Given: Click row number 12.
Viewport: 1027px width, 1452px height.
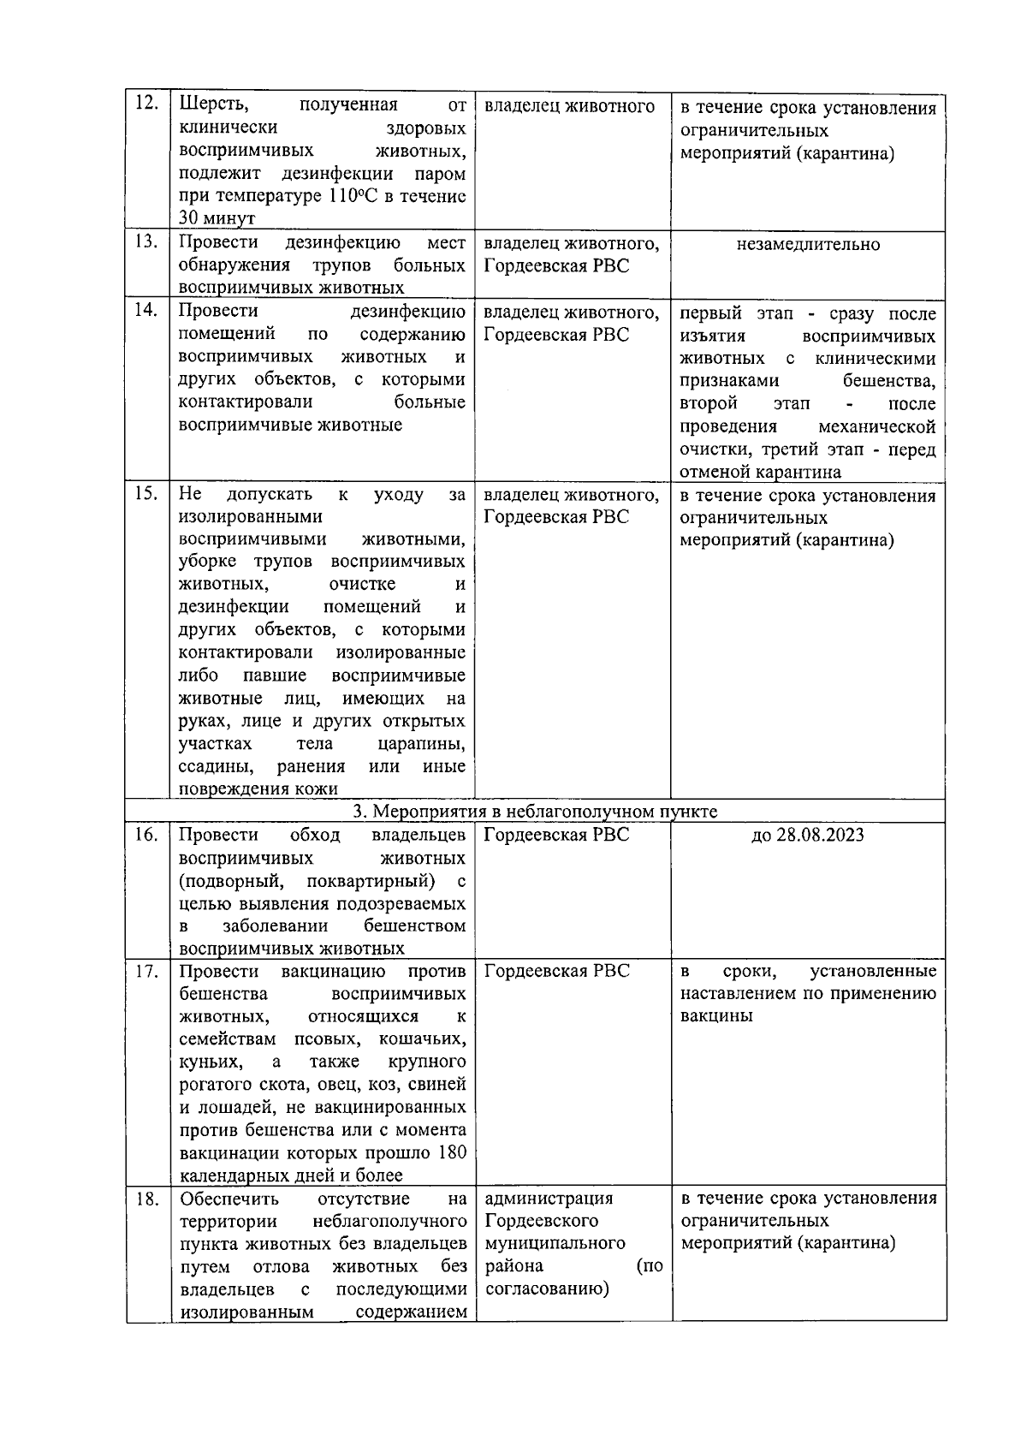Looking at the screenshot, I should tap(147, 104).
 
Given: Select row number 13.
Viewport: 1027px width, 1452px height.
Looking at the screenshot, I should tap(147, 242).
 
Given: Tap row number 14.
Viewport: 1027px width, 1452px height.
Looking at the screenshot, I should tap(147, 311).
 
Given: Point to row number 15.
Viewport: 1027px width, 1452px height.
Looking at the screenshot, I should tap(147, 494).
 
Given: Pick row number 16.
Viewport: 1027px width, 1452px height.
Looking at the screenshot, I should tap(147, 834).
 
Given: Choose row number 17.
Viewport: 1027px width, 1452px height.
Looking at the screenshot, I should tap(147, 971).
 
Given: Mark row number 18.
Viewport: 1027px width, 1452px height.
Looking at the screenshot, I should tap(147, 1199).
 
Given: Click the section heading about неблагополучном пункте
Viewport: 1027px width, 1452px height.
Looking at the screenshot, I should tap(536, 811).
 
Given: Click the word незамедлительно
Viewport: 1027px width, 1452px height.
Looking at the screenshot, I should tap(808, 245).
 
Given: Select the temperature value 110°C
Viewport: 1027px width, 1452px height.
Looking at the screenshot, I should tap(349, 196).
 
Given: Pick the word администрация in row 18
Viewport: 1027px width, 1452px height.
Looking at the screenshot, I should tap(549, 1199).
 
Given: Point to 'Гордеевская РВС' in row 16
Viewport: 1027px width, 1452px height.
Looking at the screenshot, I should tap(556, 835).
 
